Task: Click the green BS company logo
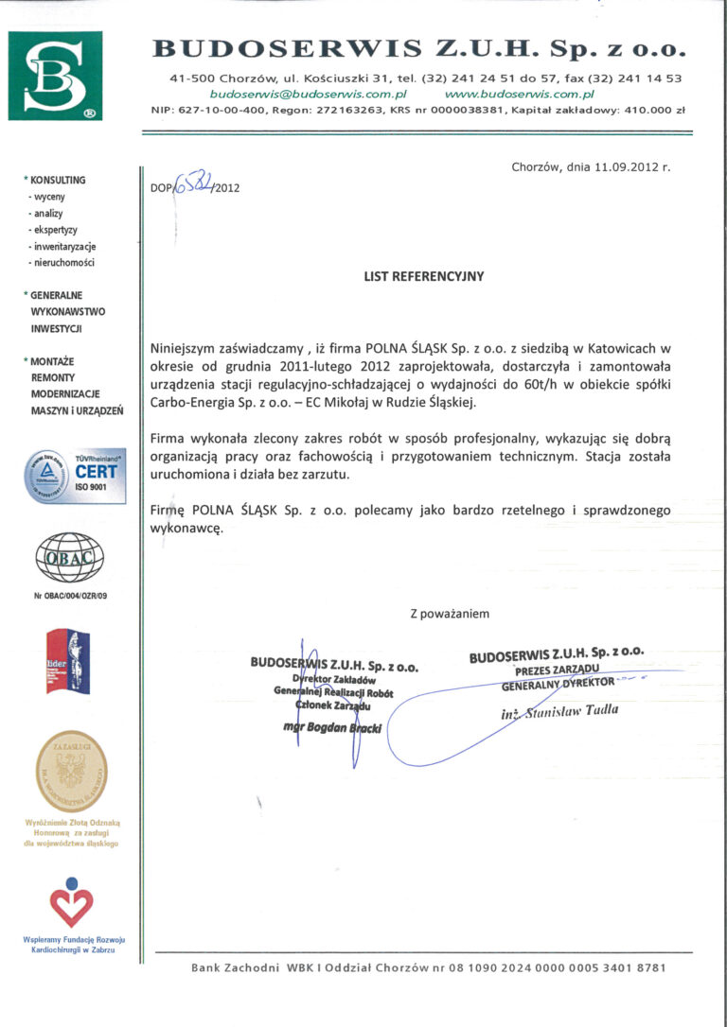pyautogui.click(x=55, y=76)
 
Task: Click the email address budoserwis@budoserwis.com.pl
pyautogui.click(x=308, y=95)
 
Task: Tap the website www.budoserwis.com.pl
pyautogui.click(x=519, y=95)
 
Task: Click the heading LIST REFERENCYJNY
pyautogui.click(x=424, y=277)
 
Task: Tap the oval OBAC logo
pyautogui.click(x=68, y=559)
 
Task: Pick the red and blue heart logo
pyautogui.click(x=72, y=902)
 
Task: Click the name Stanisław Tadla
pyautogui.click(x=574, y=710)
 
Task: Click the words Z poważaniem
pyautogui.click(x=450, y=614)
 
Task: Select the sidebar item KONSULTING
pyautogui.click(x=58, y=180)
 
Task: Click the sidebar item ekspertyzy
pyautogui.click(x=53, y=230)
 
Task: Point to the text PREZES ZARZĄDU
pyautogui.click(x=558, y=670)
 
